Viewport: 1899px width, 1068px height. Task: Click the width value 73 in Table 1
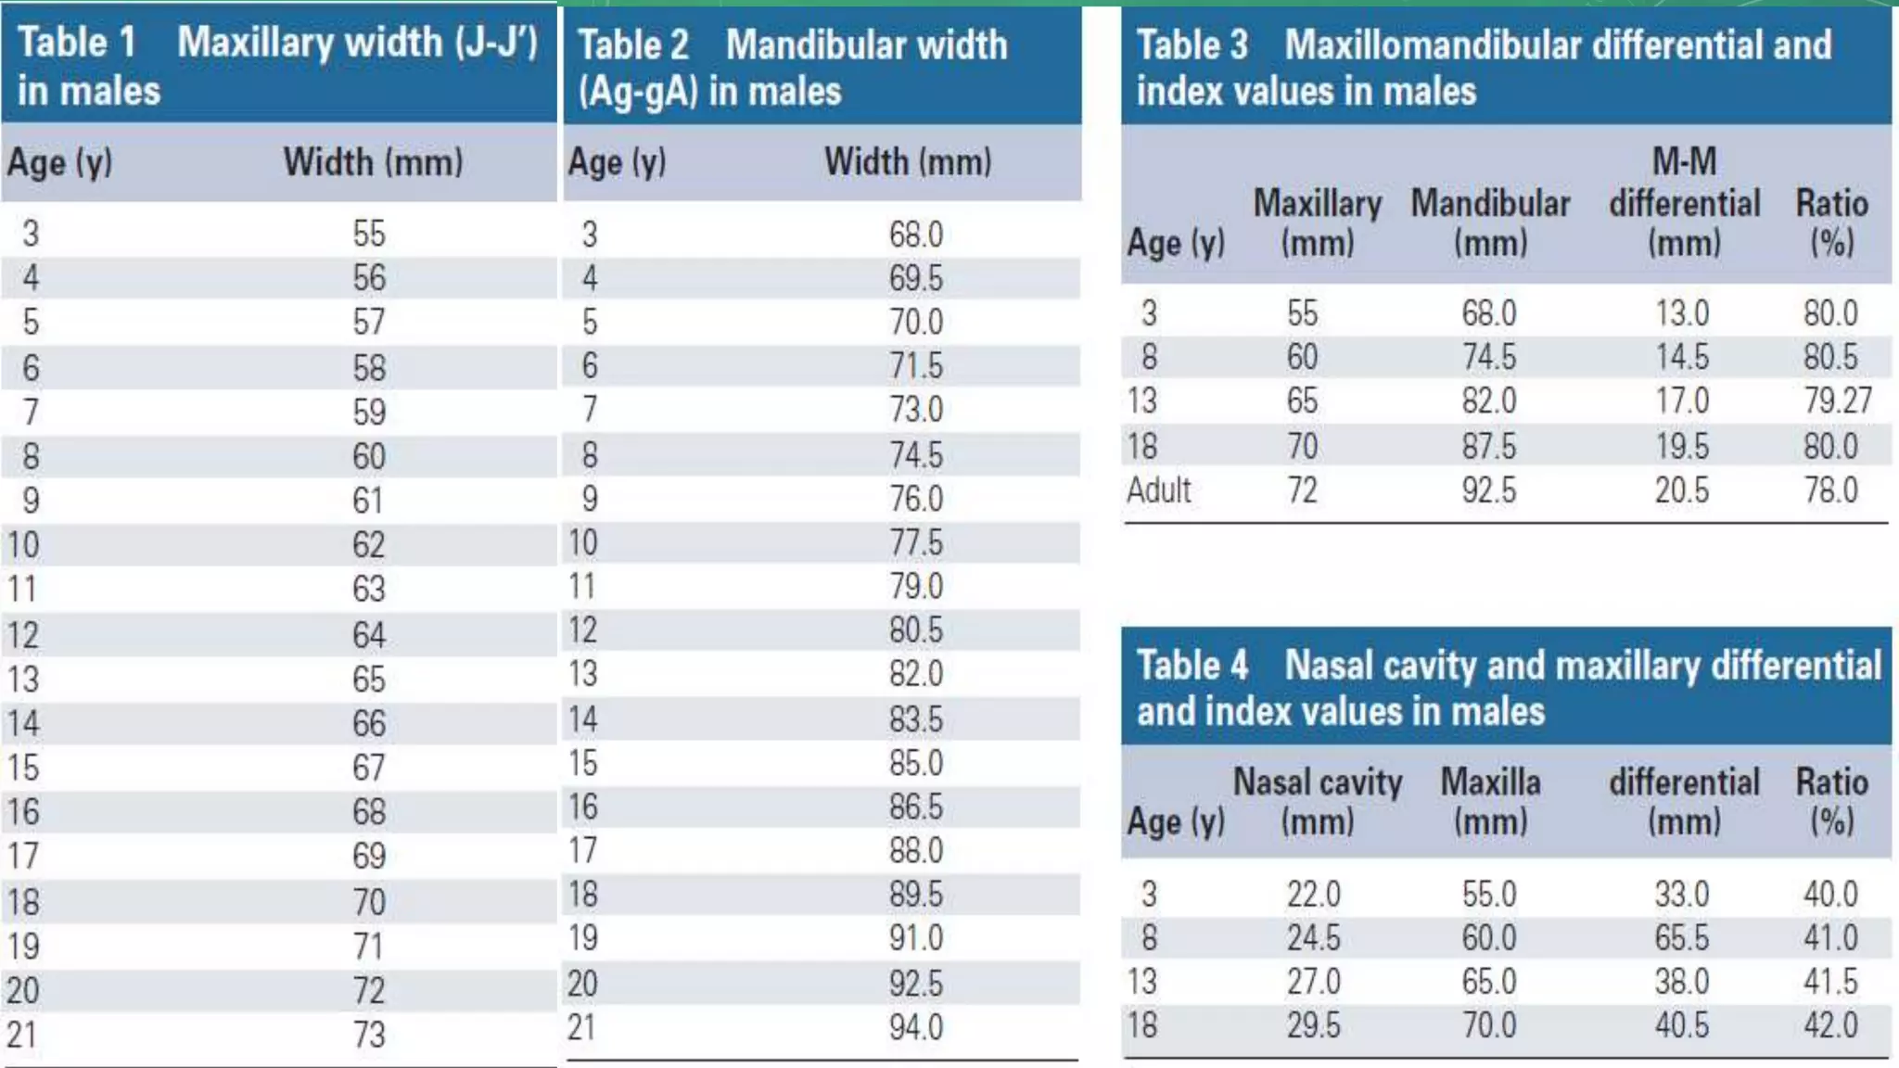(x=368, y=1034)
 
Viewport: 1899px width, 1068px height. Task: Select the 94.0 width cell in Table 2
(x=915, y=1027)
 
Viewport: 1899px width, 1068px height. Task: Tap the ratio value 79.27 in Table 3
(x=1837, y=400)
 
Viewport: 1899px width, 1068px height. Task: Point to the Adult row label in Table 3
(x=1158, y=489)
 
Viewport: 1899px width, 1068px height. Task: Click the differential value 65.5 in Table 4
(x=1681, y=937)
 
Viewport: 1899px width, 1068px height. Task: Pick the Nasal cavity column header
(x=1317, y=801)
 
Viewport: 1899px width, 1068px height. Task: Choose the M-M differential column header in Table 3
(x=1684, y=202)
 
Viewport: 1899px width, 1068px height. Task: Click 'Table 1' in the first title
(x=77, y=43)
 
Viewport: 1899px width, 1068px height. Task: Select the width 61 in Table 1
(x=367, y=501)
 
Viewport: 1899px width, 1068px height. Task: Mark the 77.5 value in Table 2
(x=915, y=542)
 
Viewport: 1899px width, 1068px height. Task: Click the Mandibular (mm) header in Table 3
(x=1490, y=222)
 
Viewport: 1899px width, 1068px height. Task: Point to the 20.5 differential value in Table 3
(x=1681, y=489)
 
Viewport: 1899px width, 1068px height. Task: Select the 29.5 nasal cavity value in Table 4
(x=1313, y=1025)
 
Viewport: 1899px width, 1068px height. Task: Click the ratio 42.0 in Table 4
(x=1829, y=1025)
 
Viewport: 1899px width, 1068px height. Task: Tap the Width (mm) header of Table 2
(x=908, y=162)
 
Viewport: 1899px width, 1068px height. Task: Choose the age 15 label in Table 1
(x=24, y=768)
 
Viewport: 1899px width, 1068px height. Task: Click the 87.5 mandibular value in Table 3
(x=1488, y=446)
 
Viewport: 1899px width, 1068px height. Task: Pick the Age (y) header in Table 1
(x=60, y=163)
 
